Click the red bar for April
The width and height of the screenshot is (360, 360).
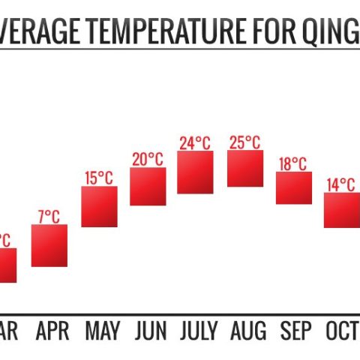pyautogui.click(x=49, y=245)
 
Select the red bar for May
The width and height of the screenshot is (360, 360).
pyautogui.click(x=99, y=206)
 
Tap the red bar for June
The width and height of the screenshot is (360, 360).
pyautogui.click(x=148, y=186)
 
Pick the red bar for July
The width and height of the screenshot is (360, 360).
pyautogui.click(x=196, y=172)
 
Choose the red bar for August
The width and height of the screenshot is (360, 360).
pyautogui.click(x=245, y=169)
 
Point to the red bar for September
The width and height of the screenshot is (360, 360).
pyautogui.click(x=293, y=187)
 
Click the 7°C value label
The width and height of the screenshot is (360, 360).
pyautogui.click(x=49, y=217)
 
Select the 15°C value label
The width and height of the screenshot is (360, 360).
pyautogui.click(x=98, y=178)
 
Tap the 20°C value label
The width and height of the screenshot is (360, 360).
pyautogui.click(x=148, y=159)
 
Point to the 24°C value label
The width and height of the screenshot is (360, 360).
pyautogui.click(x=196, y=142)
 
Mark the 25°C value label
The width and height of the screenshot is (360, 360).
pyautogui.click(x=245, y=142)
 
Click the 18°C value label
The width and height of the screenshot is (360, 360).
pyautogui.click(x=293, y=163)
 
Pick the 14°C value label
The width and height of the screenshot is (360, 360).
pyautogui.click(x=341, y=184)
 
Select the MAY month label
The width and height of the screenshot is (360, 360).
pyautogui.click(x=103, y=331)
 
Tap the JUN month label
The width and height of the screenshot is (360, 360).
pyautogui.click(x=151, y=331)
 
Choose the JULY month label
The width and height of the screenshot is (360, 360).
pyautogui.click(x=198, y=331)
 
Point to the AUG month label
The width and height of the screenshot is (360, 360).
pyautogui.click(x=247, y=331)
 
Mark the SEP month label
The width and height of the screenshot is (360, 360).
pyautogui.click(x=295, y=331)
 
